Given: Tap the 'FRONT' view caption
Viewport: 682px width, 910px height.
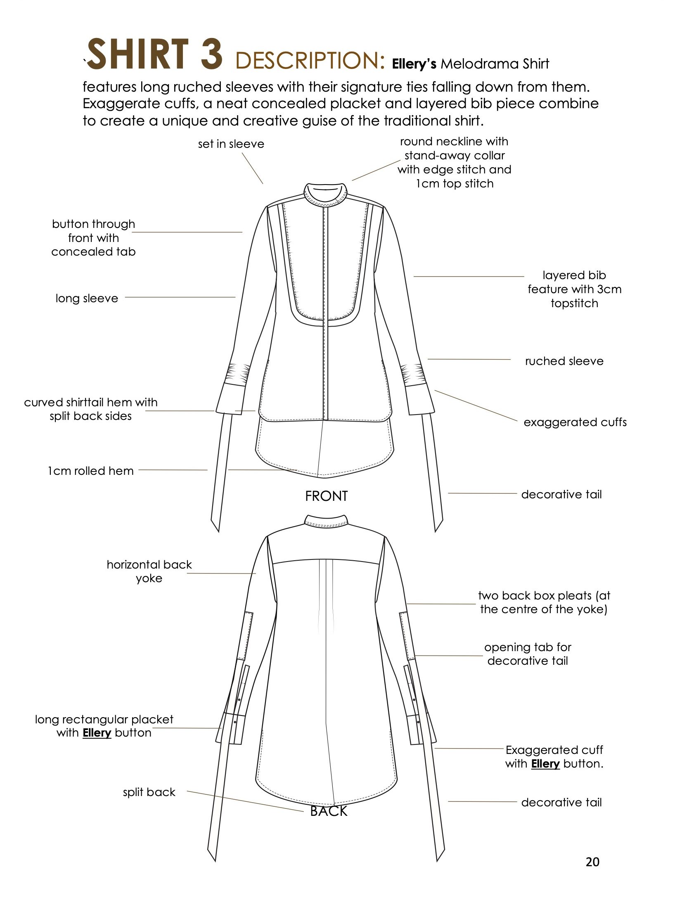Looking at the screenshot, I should [326, 496].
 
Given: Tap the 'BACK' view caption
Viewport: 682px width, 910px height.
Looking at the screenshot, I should [329, 811].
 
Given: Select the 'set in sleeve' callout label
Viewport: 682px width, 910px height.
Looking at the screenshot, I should [231, 144].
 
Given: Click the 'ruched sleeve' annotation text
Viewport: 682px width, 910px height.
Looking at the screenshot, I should [564, 361].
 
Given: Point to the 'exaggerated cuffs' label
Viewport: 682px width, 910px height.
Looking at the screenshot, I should [575, 422].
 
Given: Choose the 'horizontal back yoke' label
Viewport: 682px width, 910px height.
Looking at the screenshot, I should [149, 571].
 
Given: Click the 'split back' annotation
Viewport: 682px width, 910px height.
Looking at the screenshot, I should [149, 792].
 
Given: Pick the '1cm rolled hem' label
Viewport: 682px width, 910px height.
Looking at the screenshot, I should [91, 471].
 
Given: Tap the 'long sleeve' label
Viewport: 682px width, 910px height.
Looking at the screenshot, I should [87, 299].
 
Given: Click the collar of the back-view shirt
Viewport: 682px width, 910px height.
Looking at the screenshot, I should [326, 521].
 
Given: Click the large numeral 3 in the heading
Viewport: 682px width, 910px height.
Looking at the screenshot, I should [211, 54].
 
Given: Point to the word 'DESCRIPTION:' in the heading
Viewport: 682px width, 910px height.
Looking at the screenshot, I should [310, 61].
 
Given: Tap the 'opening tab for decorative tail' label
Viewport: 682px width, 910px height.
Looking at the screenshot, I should [528, 654].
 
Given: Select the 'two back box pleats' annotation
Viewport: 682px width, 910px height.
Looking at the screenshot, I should [544, 602].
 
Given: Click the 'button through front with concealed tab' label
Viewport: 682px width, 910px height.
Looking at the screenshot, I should [94, 238].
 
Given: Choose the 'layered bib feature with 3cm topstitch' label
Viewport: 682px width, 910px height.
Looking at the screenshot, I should [574, 289].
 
